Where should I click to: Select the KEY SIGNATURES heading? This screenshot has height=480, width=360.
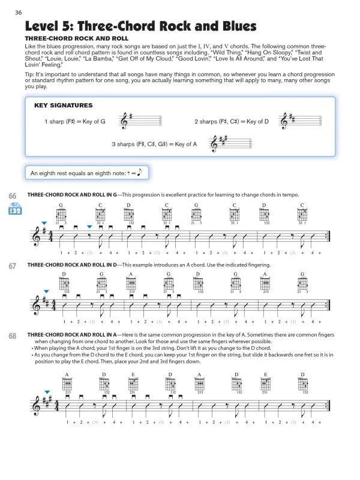click(x=63, y=105)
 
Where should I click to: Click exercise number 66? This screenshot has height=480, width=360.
click(x=13, y=196)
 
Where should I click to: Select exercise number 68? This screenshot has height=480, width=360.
click(x=13, y=336)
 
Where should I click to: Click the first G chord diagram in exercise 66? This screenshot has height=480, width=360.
click(x=61, y=215)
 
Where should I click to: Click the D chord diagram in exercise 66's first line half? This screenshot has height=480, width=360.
click(x=129, y=215)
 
